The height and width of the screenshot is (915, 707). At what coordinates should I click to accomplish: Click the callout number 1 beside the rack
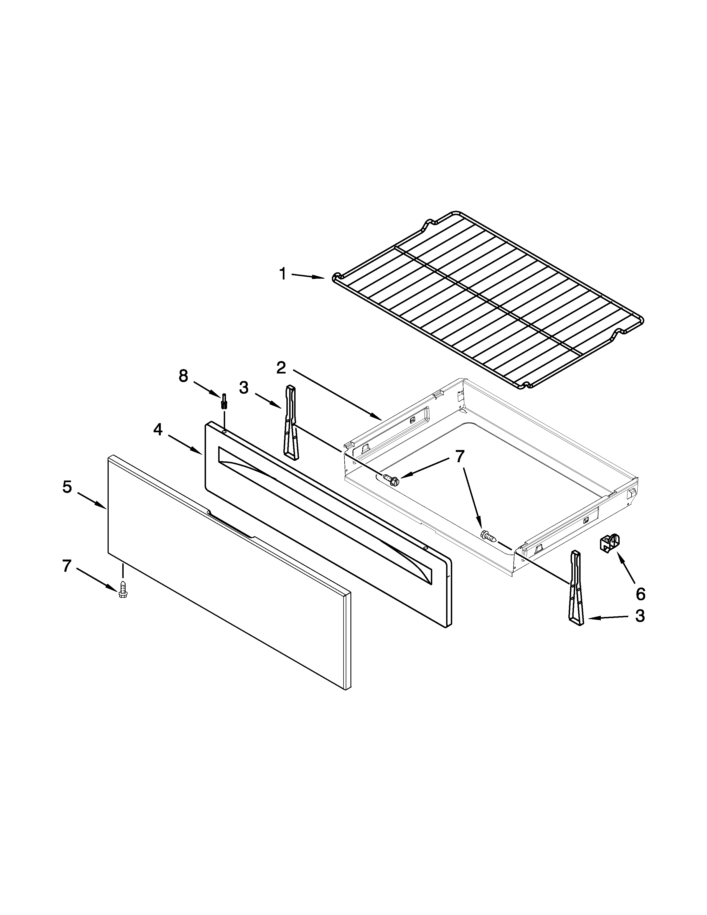(283, 274)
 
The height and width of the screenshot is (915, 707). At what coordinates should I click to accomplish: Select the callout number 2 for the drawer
(281, 368)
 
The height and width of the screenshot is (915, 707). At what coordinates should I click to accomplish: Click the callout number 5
(67, 487)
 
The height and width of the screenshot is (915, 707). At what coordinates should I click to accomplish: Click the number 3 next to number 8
(244, 388)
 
